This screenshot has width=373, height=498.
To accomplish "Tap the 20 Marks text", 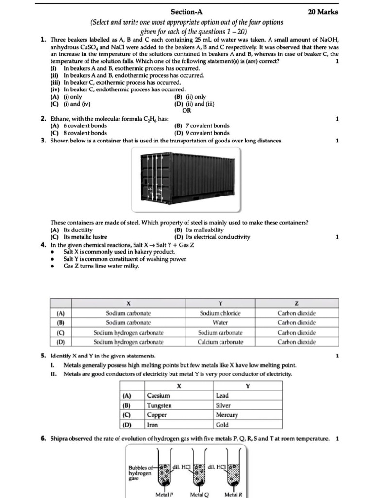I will [x=323, y=12].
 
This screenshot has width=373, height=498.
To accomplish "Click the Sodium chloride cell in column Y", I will [x=220, y=313].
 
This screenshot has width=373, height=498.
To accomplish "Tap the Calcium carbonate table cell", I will [x=220, y=342].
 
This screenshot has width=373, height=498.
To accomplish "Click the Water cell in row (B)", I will [x=220, y=322].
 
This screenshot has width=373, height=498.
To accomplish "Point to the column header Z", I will [x=296, y=303].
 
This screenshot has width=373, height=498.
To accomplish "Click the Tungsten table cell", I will [x=159, y=405].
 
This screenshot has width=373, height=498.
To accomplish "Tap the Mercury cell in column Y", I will [x=227, y=415].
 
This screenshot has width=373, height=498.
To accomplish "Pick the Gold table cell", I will [x=222, y=425].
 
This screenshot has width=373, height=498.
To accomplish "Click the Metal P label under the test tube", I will [x=165, y=494].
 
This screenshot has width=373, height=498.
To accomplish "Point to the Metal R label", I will [x=233, y=494].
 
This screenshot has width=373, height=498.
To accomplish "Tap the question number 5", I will [x=44, y=356].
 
